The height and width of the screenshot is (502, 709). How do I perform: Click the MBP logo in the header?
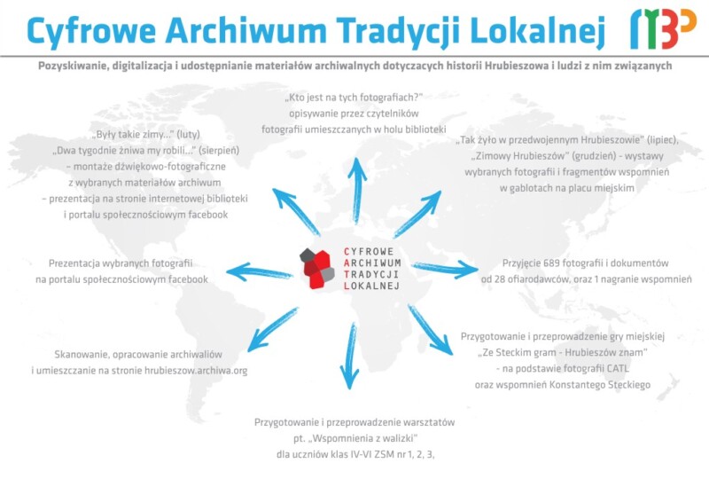(x=663, y=28)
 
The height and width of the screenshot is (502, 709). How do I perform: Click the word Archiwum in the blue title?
(x=246, y=30)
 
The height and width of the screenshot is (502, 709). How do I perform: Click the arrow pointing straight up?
(x=358, y=190)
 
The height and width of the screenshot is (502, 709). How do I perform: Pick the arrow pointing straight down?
(x=349, y=356)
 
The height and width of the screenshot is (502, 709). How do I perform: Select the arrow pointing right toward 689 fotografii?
(x=445, y=269)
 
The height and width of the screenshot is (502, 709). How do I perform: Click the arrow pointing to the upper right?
(x=417, y=214)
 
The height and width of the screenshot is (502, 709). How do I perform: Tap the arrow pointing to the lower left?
(x=273, y=330)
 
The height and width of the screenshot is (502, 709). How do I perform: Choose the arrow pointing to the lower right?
(x=431, y=330)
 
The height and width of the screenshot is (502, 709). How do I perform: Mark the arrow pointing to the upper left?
(x=296, y=212)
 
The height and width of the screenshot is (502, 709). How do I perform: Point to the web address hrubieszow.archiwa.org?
(x=196, y=371)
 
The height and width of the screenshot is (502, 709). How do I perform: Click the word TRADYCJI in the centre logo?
(x=371, y=274)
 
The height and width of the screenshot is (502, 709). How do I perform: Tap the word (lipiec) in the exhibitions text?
(x=662, y=140)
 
